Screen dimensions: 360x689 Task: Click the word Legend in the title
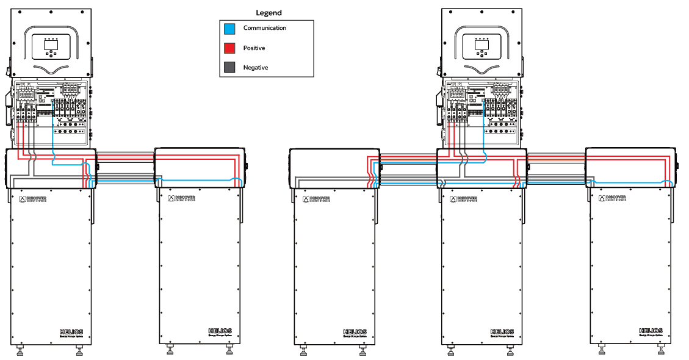coord(269,13)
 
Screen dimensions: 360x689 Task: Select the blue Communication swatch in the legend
coord(229,29)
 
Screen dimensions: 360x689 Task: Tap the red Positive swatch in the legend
coord(229,48)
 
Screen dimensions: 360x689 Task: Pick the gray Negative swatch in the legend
coord(229,68)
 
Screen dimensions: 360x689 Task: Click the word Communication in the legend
coord(264,28)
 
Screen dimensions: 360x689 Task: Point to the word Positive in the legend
coord(254,48)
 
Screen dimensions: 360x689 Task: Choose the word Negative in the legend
coord(255,68)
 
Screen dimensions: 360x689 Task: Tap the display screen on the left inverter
coord(51,44)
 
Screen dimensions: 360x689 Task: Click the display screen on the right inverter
coord(482,44)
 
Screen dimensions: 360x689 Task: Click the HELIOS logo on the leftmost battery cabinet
coord(71,331)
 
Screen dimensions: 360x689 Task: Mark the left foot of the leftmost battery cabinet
coord(21,350)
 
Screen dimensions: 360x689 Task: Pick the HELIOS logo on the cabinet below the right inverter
coord(502,331)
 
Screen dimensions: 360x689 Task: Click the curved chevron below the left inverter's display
coord(51,69)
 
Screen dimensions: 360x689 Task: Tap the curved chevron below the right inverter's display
coord(482,69)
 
